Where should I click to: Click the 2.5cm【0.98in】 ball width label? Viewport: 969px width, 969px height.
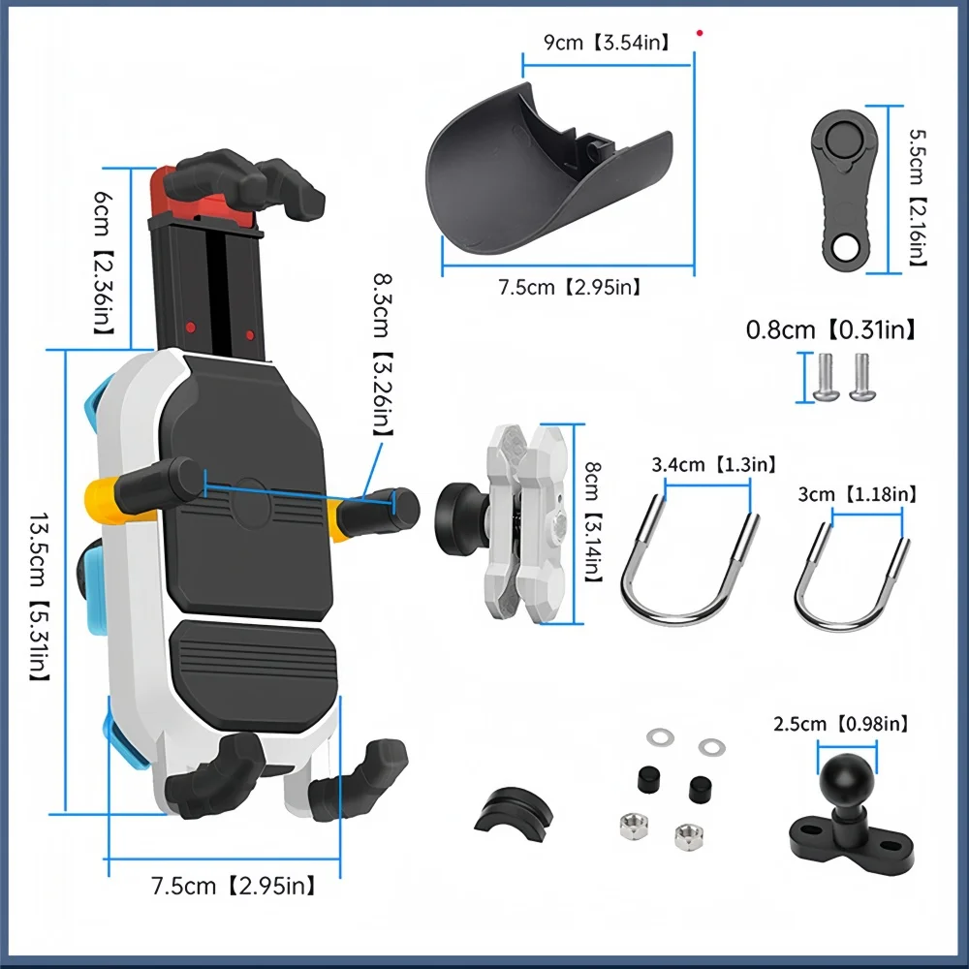tap(841, 725)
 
